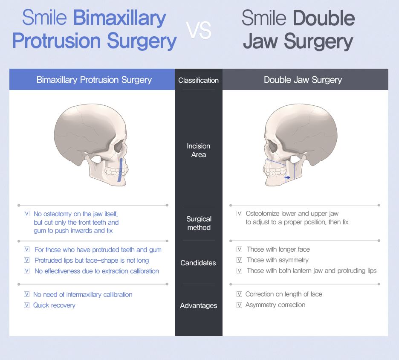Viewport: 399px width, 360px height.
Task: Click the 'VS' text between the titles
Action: click(x=199, y=30)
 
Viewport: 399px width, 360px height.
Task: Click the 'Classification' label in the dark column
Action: click(x=198, y=80)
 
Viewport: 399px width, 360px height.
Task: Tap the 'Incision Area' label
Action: click(x=198, y=150)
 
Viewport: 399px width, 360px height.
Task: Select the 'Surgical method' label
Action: click(x=199, y=223)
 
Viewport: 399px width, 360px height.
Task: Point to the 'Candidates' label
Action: click(x=198, y=263)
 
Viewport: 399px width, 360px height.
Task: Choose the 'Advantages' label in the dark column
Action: click(x=198, y=305)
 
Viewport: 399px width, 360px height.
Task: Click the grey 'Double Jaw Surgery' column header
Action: click(x=303, y=80)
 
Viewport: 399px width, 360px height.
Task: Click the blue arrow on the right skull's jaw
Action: click(x=287, y=177)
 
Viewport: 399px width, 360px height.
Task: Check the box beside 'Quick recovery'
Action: click(x=26, y=305)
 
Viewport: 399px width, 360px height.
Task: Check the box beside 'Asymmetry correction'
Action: click(x=239, y=305)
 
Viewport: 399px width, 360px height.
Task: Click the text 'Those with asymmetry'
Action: click(x=278, y=260)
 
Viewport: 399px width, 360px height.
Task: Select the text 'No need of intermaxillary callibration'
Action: click(x=83, y=294)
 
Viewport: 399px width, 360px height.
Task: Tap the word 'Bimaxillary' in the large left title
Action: click(x=119, y=18)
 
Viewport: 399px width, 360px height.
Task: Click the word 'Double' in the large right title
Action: click(x=324, y=18)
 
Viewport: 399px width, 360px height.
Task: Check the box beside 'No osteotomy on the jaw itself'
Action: click(x=27, y=214)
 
